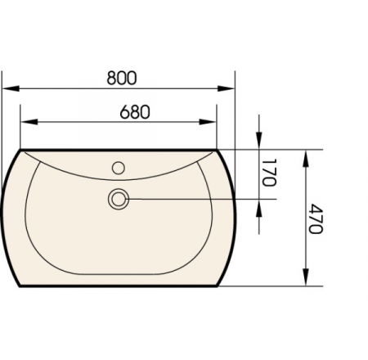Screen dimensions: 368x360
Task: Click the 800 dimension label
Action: pyautogui.click(x=122, y=78)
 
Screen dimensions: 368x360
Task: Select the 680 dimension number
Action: pyautogui.click(x=135, y=112)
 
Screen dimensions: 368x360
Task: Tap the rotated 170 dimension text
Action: pyautogui.click(x=269, y=173)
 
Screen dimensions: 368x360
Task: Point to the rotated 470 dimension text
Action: pyautogui.click(x=316, y=218)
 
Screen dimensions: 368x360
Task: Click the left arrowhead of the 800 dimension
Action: pyautogui.click(x=11, y=88)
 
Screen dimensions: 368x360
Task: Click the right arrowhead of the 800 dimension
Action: pyautogui.click(x=226, y=88)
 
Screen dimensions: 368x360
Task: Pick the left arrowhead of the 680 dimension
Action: pyautogui.click(x=29, y=122)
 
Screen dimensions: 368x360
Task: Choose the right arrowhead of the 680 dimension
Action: pyautogui.click(x=208, y=122)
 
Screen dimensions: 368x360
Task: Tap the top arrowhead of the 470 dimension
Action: pyautogui.click(x=306, y=158)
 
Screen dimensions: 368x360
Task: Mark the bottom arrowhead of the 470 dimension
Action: pyautogui.click(x=306, y=277)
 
